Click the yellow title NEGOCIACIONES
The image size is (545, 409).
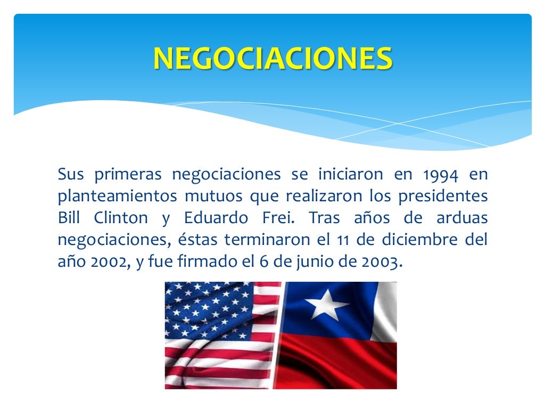pos(273,59)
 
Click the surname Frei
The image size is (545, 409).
pos(275,218)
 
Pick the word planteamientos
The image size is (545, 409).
pos(117,197)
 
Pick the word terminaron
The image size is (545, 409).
pos(265,240)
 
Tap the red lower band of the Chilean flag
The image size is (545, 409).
pos(341,365)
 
